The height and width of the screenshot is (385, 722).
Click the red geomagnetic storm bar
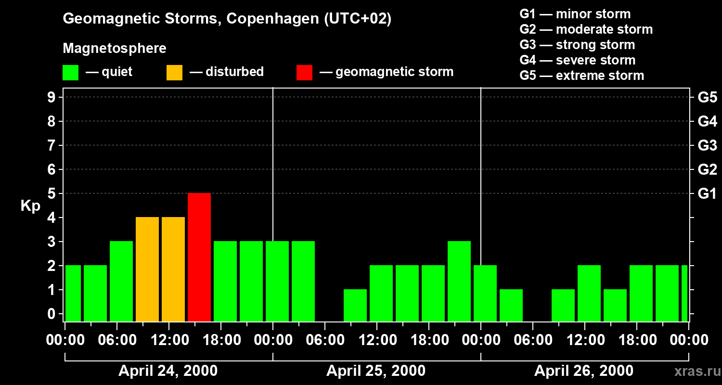click(x=199, y=257)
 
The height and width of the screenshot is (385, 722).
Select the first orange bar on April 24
click(x=147, y=269)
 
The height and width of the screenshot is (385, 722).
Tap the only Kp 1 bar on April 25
click(x=355, y=305)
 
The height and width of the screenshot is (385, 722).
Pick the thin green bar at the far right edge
click(x=684, y=293)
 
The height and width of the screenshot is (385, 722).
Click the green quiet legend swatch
click(x=70, y=72)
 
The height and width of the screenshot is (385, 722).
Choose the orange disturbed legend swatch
click(x=174, y=72)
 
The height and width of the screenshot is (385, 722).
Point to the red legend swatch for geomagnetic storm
click(x=304, y=72)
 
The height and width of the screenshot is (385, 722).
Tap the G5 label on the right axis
click(x=707, y=98)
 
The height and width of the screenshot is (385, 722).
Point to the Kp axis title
click(x=30, y=206)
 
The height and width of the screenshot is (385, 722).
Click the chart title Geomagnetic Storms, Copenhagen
click(x=227, y=19)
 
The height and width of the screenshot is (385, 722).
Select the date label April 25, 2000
click(x=376, y=371)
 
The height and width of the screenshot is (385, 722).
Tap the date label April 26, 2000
click(x=584, y=371)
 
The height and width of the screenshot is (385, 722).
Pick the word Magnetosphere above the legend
click(x=115, y=49)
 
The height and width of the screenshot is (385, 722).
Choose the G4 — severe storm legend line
click(x=577, y=60)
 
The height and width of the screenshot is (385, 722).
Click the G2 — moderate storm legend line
click(x=586, y=29)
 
